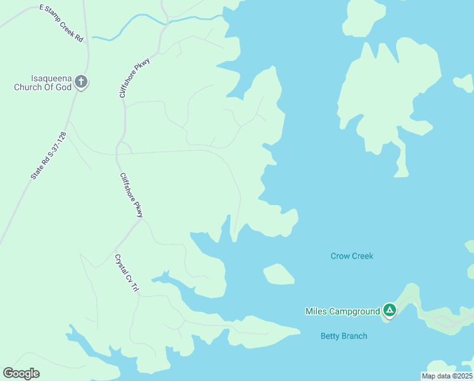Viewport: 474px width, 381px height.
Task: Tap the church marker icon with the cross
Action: (x=80, y=81)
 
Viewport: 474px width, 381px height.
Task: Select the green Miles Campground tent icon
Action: (x=390, y=311)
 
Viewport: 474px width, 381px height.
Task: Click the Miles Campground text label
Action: (x=342, y=311)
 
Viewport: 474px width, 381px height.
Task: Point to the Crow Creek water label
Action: (x=352, y=256)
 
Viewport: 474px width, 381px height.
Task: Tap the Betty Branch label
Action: (x=343, y=336)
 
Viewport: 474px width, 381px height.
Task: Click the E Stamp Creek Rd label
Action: (x=61, y=23)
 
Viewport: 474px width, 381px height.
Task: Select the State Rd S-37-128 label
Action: (x=49, y=155)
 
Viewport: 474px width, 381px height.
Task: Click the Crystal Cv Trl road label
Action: (x=125, y=273)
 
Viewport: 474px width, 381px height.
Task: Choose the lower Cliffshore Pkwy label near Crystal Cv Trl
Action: (x=132, y=195)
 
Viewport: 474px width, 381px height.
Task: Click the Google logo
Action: (x=21, y=373)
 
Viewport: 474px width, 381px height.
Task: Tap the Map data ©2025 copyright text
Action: (x=447, y=376)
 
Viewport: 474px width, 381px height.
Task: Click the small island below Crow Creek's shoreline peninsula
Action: (x=278, y=274)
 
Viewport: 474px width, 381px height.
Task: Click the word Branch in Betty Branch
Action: (x=354, y=336)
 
